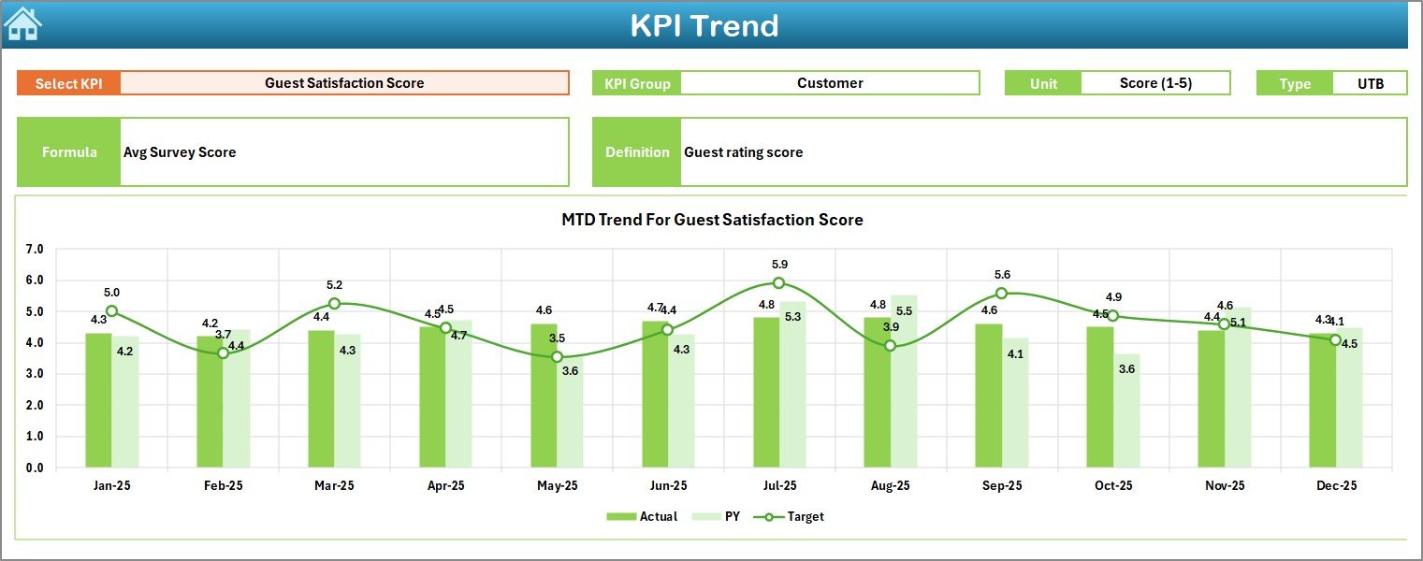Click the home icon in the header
22,23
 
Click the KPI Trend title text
704,25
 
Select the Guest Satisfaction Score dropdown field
344,83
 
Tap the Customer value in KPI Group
829,83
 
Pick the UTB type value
1370,83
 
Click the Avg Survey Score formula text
180,152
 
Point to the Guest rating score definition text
743,152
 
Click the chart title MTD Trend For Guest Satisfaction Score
711,220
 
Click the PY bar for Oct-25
1126,411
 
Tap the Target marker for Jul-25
778,282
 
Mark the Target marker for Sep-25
1001,293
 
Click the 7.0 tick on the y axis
35,250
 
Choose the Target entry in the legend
794,516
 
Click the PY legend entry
719,516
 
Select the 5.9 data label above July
778,265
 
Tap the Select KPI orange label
68,83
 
